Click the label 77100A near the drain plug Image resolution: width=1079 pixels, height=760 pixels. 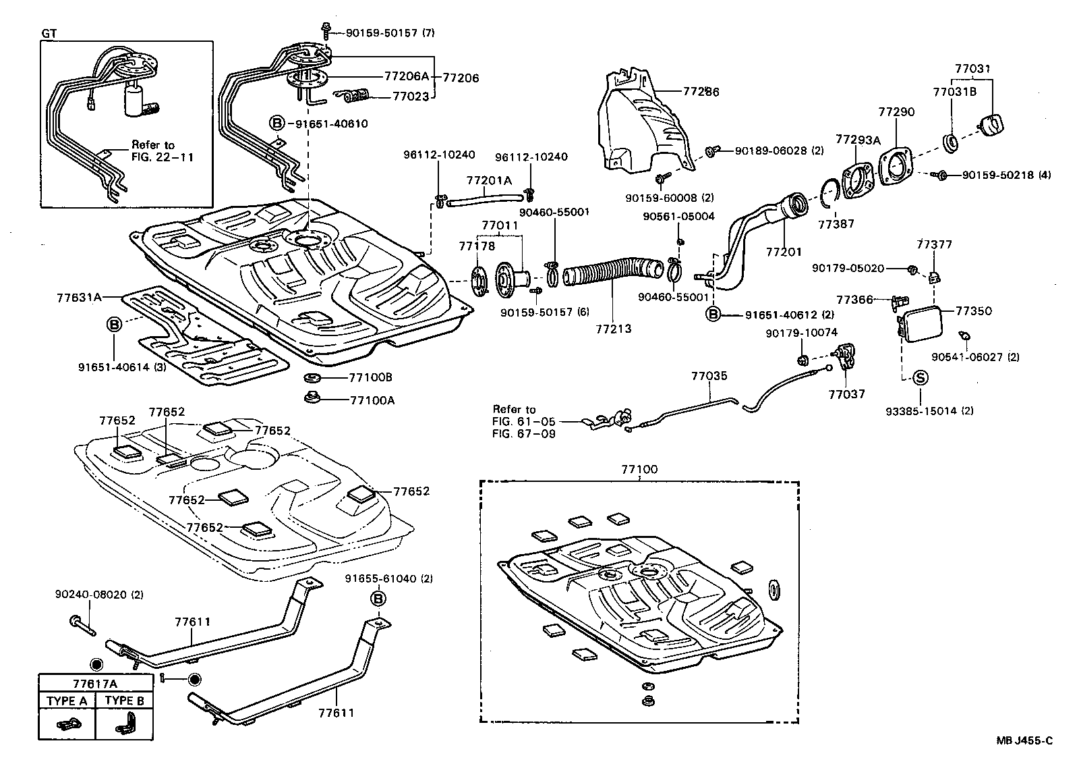372,400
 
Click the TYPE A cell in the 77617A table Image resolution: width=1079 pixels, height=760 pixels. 67,701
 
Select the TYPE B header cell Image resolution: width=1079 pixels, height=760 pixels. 125,701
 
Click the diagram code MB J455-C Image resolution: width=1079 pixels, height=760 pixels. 1024,741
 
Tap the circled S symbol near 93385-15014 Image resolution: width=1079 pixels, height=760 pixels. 921,379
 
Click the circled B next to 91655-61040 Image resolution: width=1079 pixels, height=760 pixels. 378,598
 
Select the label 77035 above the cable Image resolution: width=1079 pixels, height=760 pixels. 709,376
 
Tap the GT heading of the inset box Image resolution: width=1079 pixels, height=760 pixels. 49,33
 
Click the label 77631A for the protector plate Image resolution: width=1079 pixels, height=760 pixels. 79,296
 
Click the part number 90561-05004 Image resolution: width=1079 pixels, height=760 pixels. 678,217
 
